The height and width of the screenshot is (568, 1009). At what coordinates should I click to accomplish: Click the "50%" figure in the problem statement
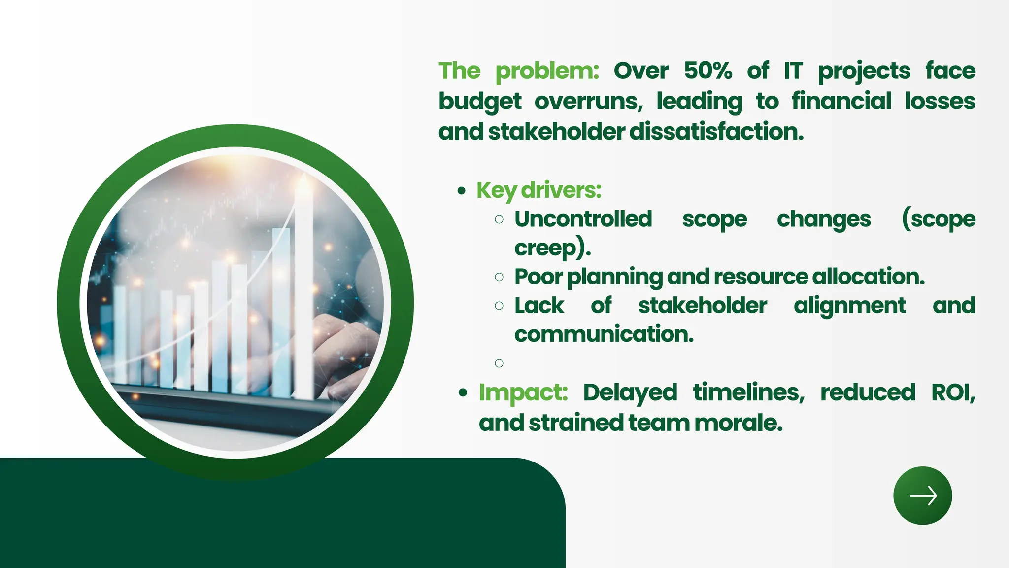click(x=708, y=71)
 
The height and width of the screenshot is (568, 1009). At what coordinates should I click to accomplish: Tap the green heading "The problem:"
click(x=518, y=71)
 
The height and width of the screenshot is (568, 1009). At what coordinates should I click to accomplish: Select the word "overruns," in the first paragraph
click(x=589, y=102)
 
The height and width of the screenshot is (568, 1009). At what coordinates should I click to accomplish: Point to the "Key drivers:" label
click(x=538, y=190)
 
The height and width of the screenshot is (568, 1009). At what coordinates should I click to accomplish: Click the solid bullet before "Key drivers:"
click(x=461, y=191)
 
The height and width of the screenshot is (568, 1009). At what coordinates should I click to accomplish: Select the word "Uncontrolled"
click(x=583, y=219)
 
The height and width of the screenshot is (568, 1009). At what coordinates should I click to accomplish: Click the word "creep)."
click(x=552, y=248)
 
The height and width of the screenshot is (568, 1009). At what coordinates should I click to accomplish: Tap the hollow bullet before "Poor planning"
click(x=499, y=277)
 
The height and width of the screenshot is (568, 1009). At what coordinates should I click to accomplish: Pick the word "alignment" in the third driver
click(x=849, y=306)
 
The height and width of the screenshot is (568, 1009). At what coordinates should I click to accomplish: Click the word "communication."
click(x=604, y=334)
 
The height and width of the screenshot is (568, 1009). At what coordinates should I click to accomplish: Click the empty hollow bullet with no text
click(x=499, y=363)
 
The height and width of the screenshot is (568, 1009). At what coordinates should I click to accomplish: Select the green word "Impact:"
click(x=523, y=393)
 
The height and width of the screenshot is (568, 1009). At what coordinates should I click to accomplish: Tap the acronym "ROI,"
click(x=953, y=393)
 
